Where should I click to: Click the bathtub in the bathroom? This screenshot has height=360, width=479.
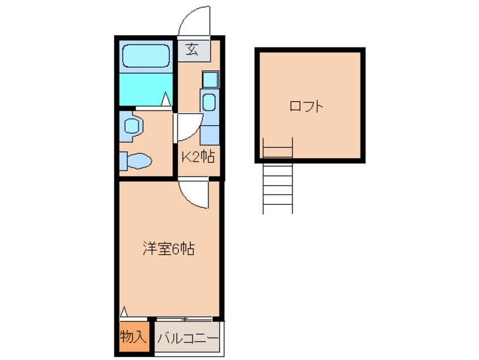(x=146, y=56)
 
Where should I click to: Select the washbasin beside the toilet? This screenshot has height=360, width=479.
(x=131, y=126)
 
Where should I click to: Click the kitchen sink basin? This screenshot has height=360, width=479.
(x=209, y=102)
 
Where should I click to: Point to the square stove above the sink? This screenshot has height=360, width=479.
(x=211, y=79)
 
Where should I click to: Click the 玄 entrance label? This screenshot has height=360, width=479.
(x=192, y=49)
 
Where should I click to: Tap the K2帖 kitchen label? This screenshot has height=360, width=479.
(x=198, y=157)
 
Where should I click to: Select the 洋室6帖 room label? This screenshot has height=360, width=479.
(x=169, y=249)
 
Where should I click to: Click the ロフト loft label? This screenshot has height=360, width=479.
(x=306, y=106)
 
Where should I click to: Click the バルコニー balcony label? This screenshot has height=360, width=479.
(x=188, y=338)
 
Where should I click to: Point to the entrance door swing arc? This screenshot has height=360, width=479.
(x=184, y=18)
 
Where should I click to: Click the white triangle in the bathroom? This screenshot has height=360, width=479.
(x=165, y=98)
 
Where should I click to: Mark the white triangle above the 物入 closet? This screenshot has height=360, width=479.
(x=124, y=311)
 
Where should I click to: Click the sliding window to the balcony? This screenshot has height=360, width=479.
(x=184, y=319)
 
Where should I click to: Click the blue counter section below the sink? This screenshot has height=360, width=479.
(x=209, y=135)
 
